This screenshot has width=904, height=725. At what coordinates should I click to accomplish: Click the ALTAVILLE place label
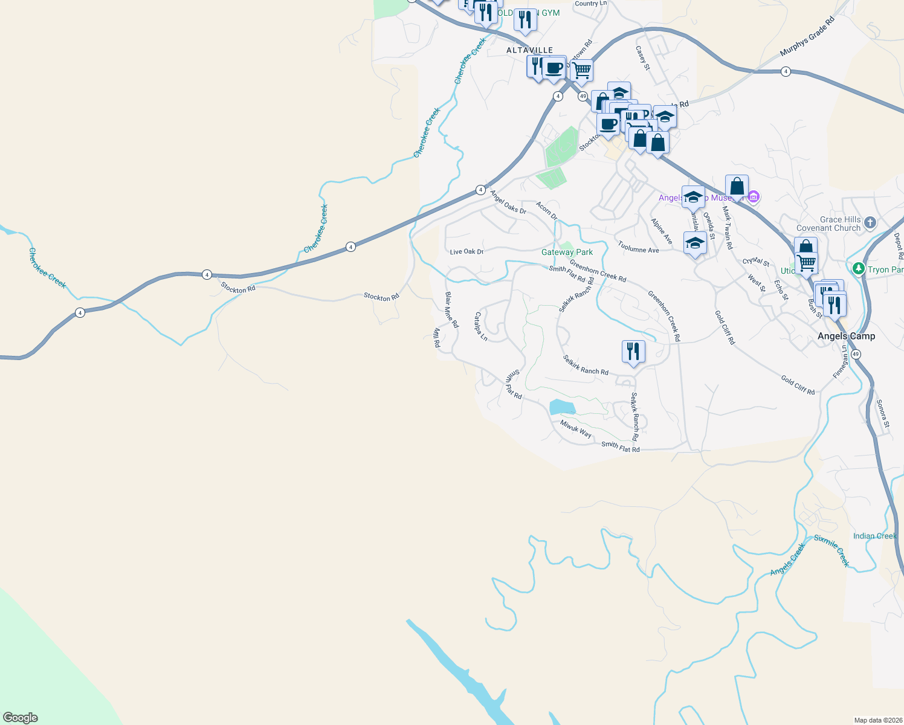[x=529, y=50]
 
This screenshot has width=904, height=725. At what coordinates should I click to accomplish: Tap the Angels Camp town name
[x=846, y=336]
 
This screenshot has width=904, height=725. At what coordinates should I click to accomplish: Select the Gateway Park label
[x=567, y=252]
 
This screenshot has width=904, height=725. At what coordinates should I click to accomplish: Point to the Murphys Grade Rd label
[x=807, y=37]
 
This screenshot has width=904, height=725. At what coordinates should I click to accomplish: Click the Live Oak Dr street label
[x=467, y=251]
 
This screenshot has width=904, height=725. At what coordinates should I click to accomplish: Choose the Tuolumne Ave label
[x=638, y=246]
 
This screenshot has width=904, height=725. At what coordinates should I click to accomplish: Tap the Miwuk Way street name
[x=576, y=429]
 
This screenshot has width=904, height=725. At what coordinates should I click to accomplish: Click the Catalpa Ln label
[x=481, y=326]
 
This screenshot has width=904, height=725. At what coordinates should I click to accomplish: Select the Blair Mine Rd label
[x=452, y=310]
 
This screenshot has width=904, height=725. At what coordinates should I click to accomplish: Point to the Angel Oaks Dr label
[x=508, y=202]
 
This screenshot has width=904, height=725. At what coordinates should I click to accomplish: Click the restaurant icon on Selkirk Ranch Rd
[x=633, y=351]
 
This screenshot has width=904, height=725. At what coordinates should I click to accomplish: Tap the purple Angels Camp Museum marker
[x=753, y=197]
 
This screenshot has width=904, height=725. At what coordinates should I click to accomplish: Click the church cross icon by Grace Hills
[x=870, y=223]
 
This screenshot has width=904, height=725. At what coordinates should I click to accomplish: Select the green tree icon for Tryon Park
[x=857, y=268]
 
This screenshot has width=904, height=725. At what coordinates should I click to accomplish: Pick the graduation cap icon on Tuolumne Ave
[x=695, y=243]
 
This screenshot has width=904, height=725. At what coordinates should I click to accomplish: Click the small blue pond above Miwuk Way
[x=562, y=407]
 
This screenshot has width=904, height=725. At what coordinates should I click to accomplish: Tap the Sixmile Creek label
[x=832, y=550]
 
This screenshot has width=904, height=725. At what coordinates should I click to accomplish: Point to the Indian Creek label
[x=874, y=536]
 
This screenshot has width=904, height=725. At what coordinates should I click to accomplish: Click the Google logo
[x=21, y=718]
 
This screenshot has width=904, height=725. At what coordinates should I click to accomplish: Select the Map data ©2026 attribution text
[x=877, y=720]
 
